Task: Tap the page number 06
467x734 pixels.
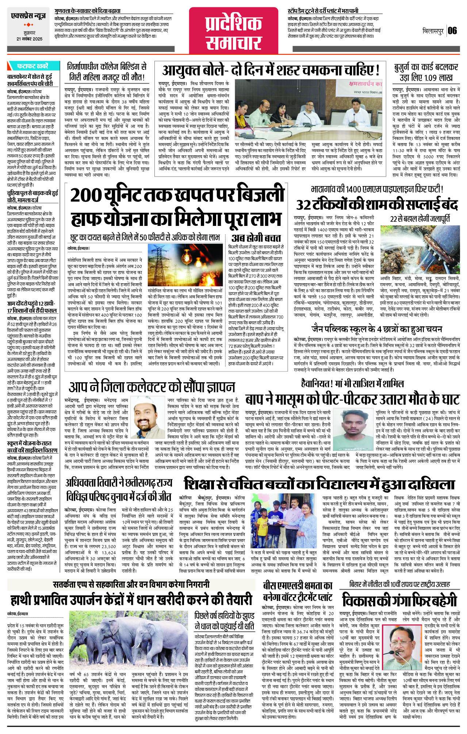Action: [x=452, y=30]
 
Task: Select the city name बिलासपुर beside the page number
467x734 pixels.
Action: [x=433, y=31]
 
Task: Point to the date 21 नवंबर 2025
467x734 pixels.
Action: [x=29, y=39]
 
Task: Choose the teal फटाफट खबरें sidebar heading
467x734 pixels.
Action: [x=32, y=66]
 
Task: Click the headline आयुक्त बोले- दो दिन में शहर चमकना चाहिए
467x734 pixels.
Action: [x=271, y=69]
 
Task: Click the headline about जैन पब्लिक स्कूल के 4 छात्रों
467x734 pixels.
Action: [x=376, y=329]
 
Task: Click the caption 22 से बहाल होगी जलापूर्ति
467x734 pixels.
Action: [x=420, y=219]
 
